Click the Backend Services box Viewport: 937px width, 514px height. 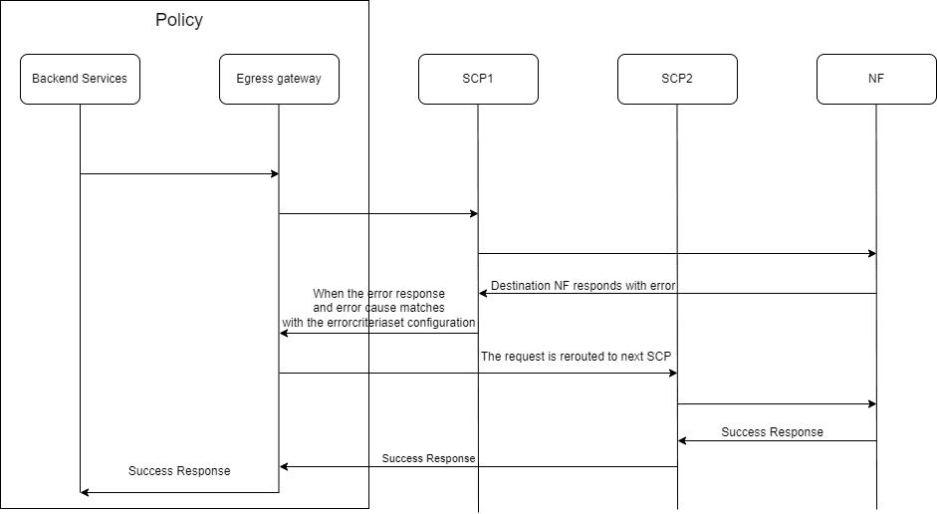[x=80, y=79]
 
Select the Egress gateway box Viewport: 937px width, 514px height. [x=279, y=79]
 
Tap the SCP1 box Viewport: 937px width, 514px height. [x=478, y=79]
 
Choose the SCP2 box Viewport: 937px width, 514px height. [x=677, y=79]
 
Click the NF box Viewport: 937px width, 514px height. [x=876, y=79]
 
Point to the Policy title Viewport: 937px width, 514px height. [x=179, y=20]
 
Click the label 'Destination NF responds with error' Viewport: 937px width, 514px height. [x=583, y=285]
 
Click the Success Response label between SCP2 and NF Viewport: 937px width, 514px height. [x=772, y=432]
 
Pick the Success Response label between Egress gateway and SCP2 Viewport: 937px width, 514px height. [x=428, y=458]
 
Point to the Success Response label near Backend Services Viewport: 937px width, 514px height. [x=179, y=470]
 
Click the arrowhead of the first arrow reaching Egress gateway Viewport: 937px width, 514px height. [x=274, y=174]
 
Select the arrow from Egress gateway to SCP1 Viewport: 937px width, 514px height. [x=378, y=213]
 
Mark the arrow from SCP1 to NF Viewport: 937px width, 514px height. [x=677, y=253]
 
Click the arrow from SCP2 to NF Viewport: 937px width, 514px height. [x=777, y=403]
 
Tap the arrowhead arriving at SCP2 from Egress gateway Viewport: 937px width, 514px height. [x=672, y=374]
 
